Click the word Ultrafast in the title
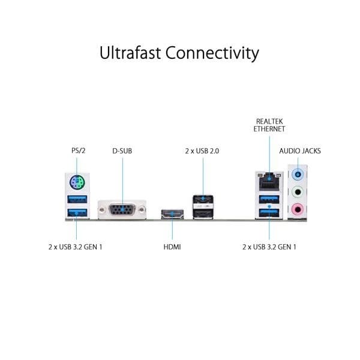(129, 53)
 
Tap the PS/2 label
(76, 151)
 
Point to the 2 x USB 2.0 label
(202, 151)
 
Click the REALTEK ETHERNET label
(269, 124)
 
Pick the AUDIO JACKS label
(300, 151)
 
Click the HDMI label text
(172, 247)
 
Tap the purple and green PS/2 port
(76, 182)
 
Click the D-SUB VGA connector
(122, 210)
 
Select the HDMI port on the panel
(172, 213)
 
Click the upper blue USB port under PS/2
(76, 199)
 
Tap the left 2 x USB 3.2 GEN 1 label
(76, 247)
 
